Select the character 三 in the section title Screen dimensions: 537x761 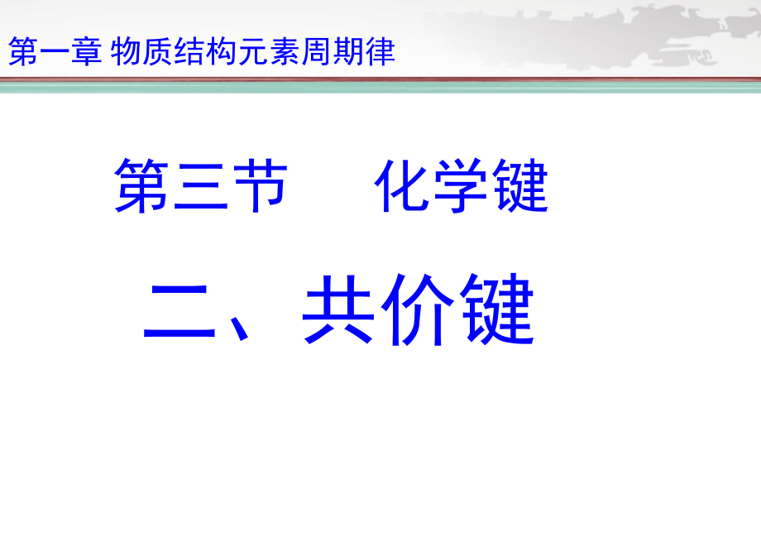coord(200,186)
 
